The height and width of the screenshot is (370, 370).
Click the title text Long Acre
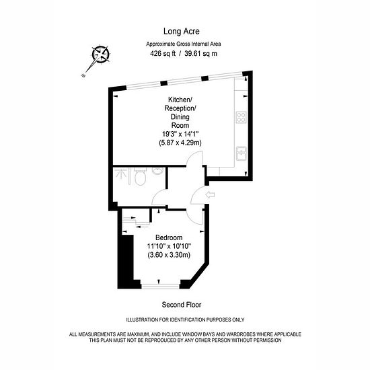click(181, 32)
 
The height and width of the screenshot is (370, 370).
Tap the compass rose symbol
click(101, 54)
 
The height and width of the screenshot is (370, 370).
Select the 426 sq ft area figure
click(163, 54)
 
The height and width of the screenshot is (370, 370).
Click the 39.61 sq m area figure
click(200, 54)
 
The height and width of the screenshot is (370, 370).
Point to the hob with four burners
click(241, 118)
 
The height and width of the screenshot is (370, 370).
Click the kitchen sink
click(241, 153)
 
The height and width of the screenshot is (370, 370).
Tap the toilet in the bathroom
click(140, 176)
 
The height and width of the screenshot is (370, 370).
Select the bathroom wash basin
click(157, 171)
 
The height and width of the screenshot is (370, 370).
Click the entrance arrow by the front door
click(210, 194)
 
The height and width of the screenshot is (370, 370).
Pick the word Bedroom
click(169, 237)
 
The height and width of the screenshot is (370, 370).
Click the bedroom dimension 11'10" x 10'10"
click(169, 246)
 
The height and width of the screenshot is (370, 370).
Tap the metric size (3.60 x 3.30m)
click(169, 255)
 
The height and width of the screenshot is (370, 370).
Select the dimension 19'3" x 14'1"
click(180, 134)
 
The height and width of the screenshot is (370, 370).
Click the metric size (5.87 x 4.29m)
click(180, 143)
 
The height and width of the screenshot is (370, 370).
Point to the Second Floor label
click(182, 305)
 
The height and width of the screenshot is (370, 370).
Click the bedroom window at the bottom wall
click(161, 287)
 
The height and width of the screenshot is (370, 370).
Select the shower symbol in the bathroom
click(121, 174)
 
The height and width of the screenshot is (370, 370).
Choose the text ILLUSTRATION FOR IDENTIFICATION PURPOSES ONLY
click(185, 320)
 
